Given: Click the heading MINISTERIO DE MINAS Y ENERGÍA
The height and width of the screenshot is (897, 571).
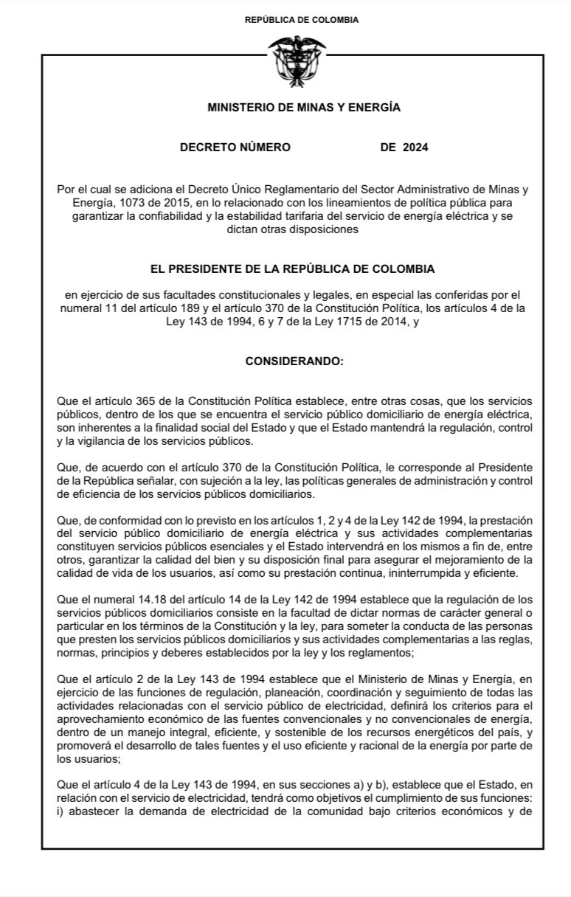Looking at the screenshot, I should pyautogui.click(x=304, y=108).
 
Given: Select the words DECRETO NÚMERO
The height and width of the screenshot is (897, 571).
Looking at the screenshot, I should pyautogui.click(x=235, y=148).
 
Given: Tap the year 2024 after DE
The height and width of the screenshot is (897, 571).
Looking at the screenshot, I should pyautogui.click(x=415, y=148).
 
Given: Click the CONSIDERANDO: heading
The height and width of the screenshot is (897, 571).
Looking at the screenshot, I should pyautogui.click(x=294, y=363).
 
